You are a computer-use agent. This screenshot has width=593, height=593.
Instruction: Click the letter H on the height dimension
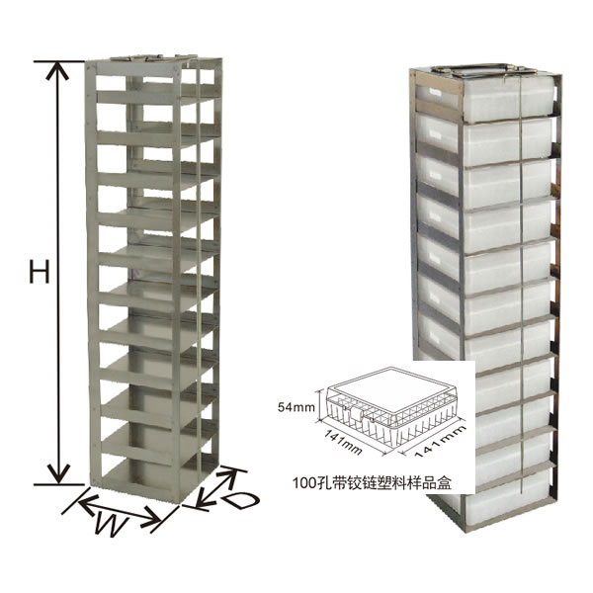point(40,269)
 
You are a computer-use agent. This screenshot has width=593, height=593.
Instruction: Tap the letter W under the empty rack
point(111,524)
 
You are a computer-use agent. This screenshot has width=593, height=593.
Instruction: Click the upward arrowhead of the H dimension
point(57,71)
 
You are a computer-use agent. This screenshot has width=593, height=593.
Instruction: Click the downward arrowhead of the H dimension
point(58,474)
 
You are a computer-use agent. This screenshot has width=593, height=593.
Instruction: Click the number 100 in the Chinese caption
point(303,483)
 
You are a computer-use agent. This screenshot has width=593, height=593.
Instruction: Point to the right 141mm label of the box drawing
point(441,441)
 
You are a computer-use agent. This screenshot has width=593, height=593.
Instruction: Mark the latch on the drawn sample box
point(356,414)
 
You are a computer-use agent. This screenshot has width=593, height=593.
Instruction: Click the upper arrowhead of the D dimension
point(230,473)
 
